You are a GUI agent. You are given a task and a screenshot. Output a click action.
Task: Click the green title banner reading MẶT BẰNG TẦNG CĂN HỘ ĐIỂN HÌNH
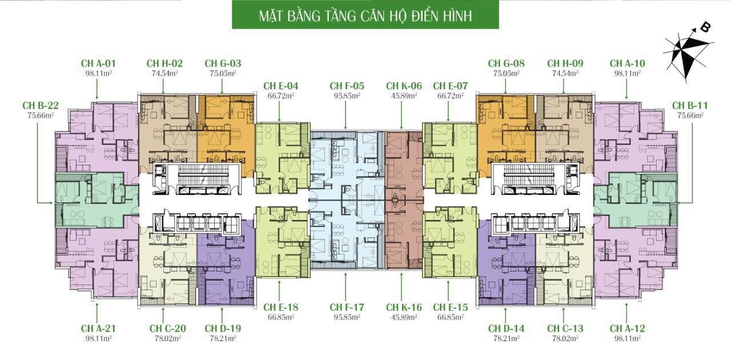[x=365, y=15]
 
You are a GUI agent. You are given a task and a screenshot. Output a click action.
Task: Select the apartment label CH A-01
[x=98, y=63]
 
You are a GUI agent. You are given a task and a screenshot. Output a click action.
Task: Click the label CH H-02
[x=164, y=63]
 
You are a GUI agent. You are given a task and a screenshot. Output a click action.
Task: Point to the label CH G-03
[x=223, y=63]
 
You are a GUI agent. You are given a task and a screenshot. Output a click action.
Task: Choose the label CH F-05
[x=347, y=86]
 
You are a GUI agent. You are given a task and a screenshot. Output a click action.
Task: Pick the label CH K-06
[x=404, y=86]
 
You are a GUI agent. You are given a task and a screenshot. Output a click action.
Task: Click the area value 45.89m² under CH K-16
[x=404, y=317]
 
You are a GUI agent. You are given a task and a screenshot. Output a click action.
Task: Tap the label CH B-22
[x=41, y=106]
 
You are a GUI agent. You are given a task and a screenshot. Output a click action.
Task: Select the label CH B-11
[x=690, y=106]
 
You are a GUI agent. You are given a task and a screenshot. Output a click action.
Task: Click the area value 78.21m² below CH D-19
[x=223, y=338]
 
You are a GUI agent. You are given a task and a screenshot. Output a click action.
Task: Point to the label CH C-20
[x=168, y=329]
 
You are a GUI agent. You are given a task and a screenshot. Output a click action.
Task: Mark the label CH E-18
[x=280, y=307]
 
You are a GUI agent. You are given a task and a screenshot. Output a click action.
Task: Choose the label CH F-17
[x=347, y=307]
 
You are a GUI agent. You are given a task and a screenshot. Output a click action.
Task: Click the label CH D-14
[x=506, y=329]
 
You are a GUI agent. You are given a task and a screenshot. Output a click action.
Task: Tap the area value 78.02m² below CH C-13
[x=565, y=338]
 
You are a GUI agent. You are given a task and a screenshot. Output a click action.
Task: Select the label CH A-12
[x=628, y=329]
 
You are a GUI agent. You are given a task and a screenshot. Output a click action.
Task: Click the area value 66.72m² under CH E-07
[x=451, y=96]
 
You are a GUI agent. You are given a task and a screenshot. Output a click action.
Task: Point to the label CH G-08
[x=506, y=63]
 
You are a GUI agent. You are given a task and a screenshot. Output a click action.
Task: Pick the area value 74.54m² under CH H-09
[x=565, y=73]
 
